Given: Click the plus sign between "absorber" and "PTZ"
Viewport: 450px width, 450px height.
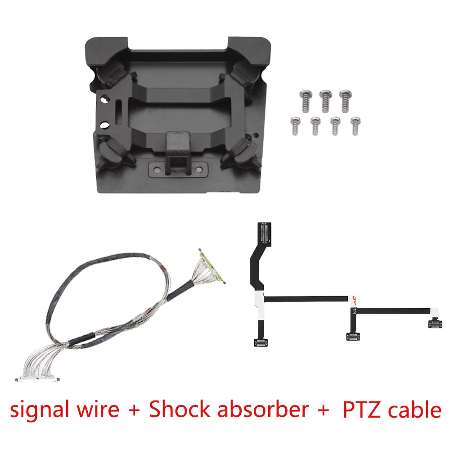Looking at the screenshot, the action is pos(323,410).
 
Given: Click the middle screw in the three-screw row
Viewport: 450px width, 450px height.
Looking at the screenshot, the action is pos(325,101).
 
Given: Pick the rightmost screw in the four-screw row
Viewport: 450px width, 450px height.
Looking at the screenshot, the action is pos(355,126).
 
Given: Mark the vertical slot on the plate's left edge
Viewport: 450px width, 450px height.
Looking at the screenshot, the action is pos(119,109).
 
